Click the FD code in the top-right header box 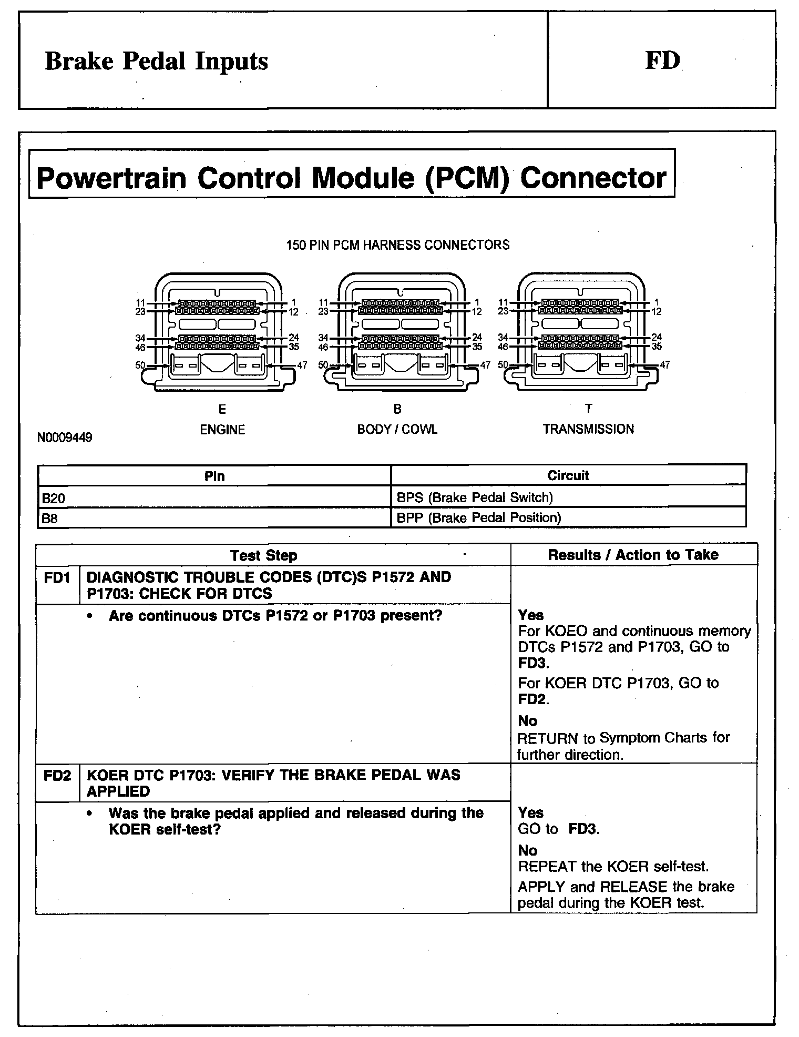662,61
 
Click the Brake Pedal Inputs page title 156,61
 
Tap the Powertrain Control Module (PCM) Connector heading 351,178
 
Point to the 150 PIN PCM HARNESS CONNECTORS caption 397,245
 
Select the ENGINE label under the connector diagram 222,430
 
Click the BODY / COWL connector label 397,430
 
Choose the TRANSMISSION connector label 588,429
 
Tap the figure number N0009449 65,438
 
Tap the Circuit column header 568,475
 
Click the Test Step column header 263,555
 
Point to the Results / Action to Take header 633,555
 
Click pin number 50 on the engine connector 140,365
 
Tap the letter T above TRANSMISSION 588,409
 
